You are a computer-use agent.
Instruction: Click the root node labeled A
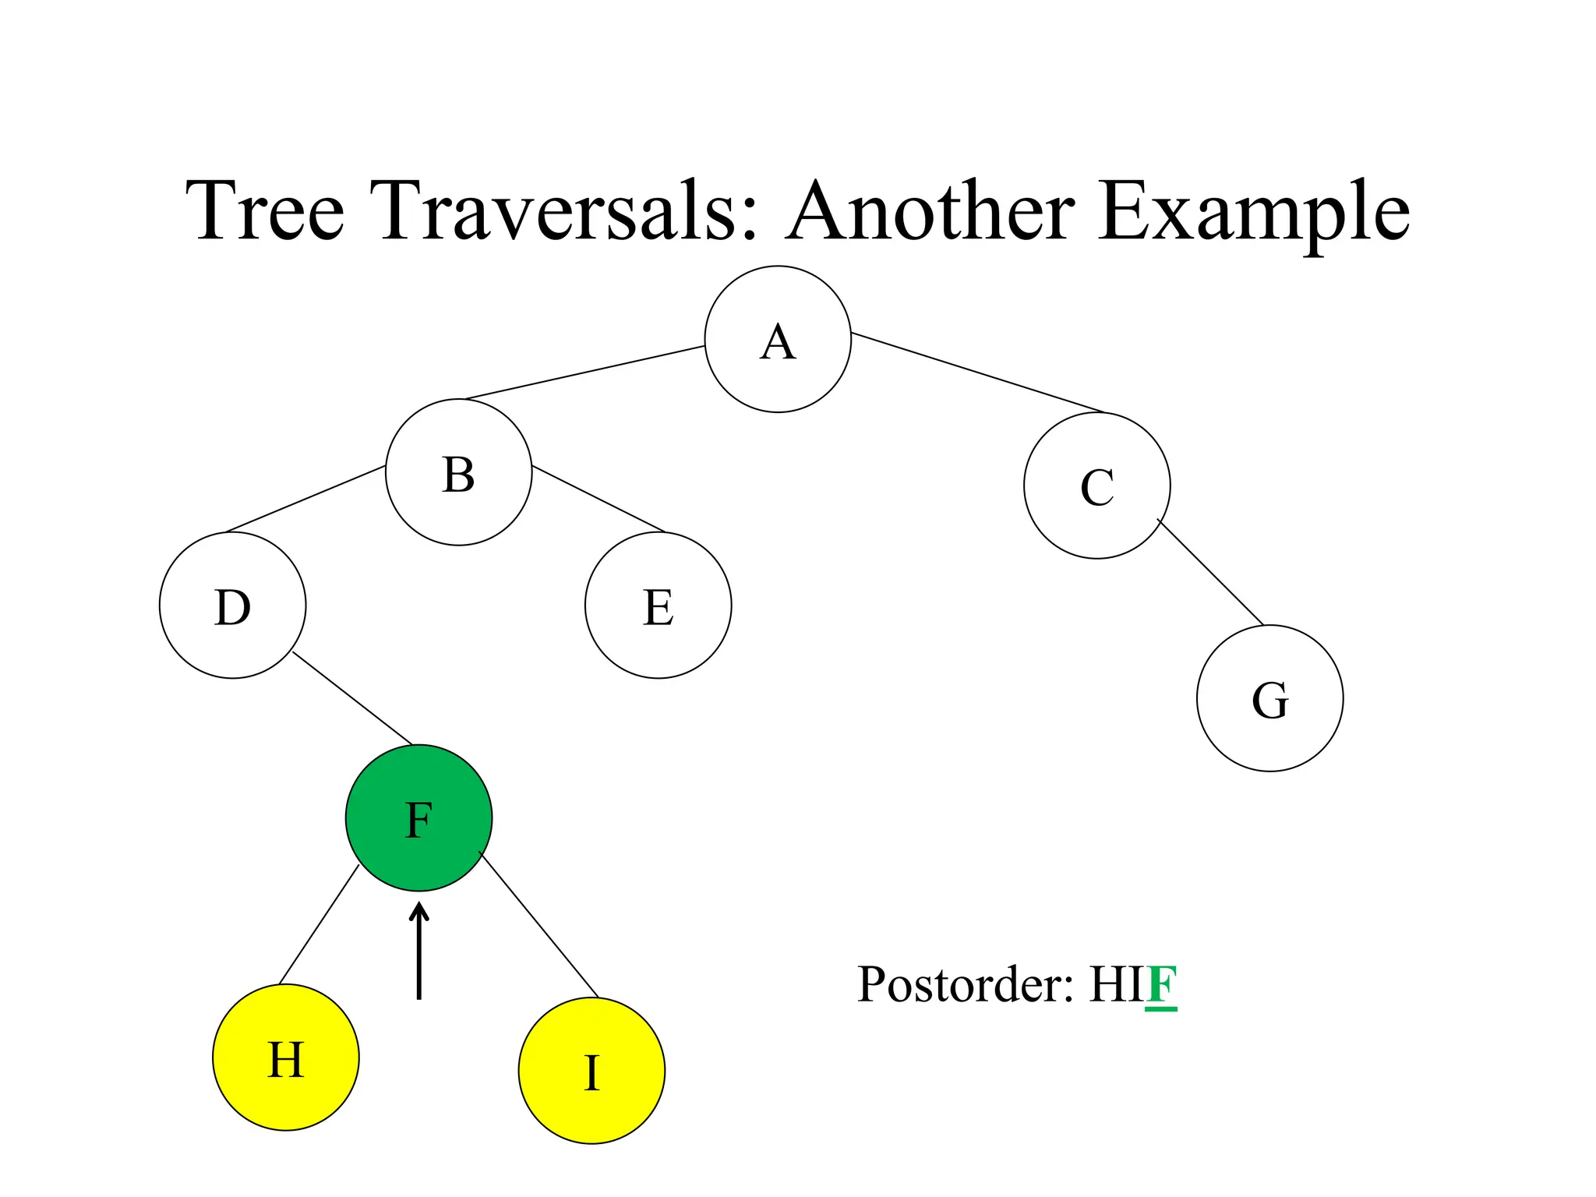[x=778, y=339]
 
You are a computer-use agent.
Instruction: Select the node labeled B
[x=458, y=472]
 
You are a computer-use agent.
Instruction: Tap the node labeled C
[x=1096, y=486]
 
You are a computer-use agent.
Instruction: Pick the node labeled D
[x=232, y=606]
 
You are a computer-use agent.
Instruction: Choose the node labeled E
[x=658, y=606]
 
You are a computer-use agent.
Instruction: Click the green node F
[x=418, y=818]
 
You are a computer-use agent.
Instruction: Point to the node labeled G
[x=1269, y=698]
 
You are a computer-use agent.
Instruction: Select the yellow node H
[x=285, y=1058]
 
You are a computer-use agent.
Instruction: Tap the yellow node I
[x=591, y=1071]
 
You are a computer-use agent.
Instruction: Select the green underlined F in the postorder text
[x=1161, y=985]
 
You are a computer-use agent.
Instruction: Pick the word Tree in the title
[x=265, y=210]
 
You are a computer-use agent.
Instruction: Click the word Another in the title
[x=931, y=210]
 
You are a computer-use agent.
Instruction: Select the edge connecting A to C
[x=978, y=373]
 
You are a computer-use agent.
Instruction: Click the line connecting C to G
[x=1210, y=572]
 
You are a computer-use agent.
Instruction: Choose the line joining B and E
[x=598, y=500]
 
